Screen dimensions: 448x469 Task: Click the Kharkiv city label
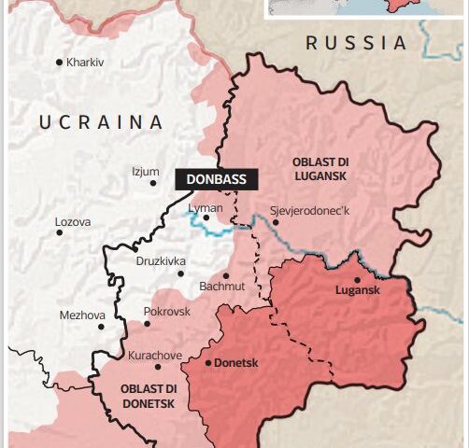85,63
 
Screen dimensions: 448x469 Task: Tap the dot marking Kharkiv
59,63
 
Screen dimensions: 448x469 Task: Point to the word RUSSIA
357,43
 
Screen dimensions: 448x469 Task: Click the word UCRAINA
101,122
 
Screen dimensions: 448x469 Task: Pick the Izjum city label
146,171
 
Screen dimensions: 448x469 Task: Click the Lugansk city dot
357,279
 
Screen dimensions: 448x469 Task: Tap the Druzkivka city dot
135,248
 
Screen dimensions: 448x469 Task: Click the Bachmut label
223,287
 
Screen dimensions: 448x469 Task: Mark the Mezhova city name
82,315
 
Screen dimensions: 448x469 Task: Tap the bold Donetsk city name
236,363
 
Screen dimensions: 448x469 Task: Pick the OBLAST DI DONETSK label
148,395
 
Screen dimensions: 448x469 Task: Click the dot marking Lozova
60,232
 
